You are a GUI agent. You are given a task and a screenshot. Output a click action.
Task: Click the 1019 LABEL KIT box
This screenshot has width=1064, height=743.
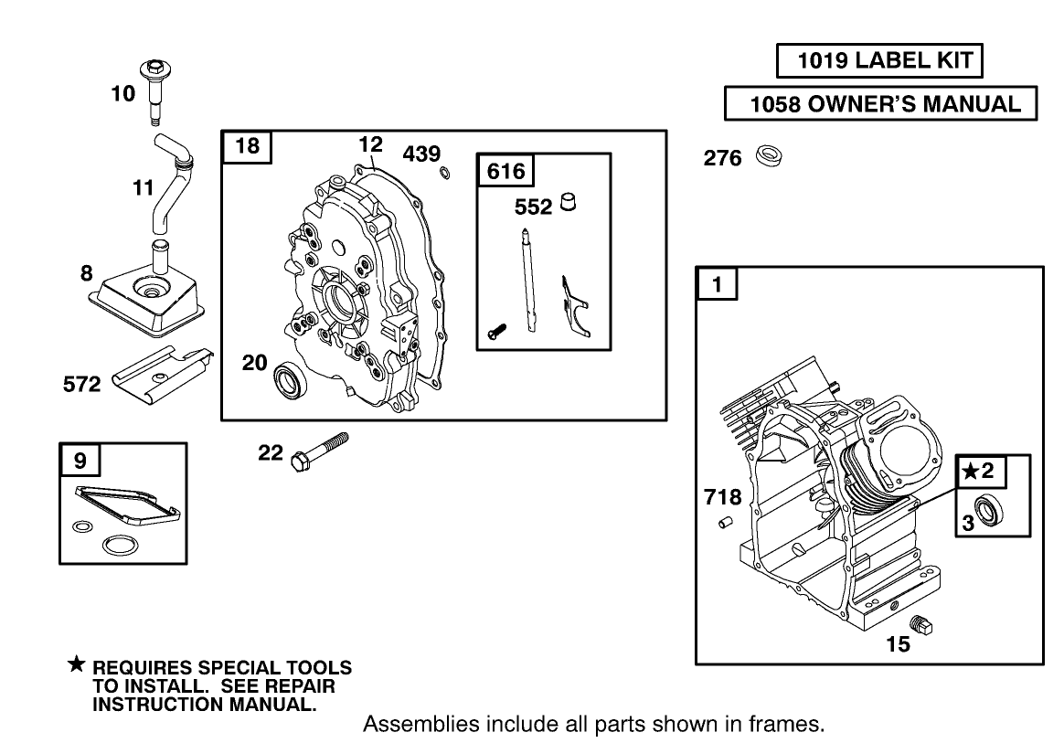879,61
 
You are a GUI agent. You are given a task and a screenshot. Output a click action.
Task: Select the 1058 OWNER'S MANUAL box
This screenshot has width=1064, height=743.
881,104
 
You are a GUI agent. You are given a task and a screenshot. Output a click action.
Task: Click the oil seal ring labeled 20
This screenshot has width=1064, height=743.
292,378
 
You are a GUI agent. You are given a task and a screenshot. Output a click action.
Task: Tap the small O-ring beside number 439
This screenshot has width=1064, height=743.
444,174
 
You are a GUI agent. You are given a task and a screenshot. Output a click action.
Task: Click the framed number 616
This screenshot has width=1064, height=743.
505,171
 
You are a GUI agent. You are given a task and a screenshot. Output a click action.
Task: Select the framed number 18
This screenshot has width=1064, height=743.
248,146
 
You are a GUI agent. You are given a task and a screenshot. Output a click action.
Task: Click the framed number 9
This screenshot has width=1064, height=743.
80,461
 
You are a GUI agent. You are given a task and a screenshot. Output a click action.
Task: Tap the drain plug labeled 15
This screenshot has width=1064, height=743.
929,628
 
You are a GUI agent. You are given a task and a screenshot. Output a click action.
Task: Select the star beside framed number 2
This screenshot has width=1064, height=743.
970,472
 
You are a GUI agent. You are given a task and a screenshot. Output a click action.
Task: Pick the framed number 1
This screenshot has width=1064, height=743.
718,284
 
